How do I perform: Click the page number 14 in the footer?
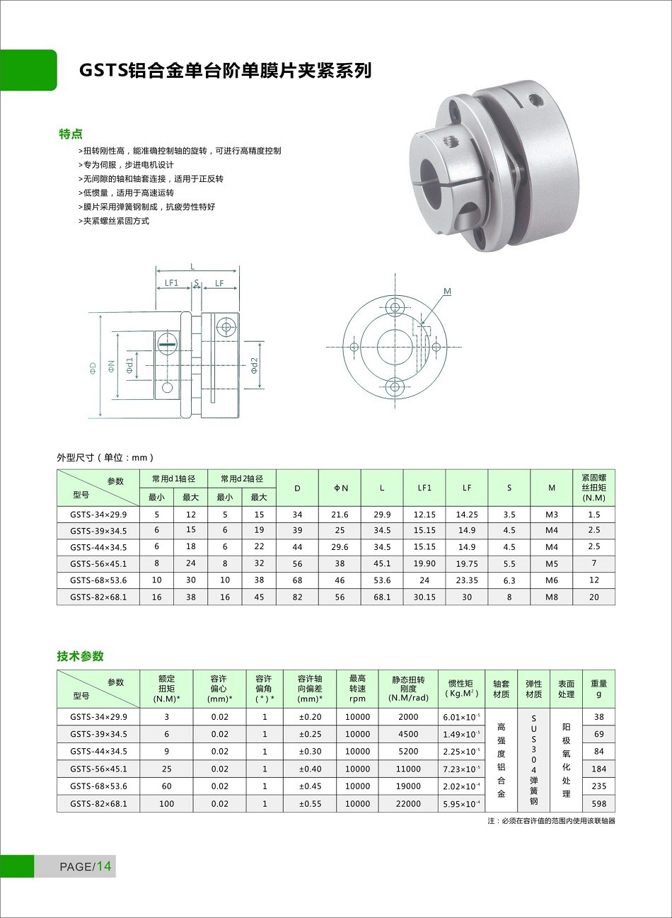(x=104, y=866)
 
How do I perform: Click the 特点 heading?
(x=71, y=134)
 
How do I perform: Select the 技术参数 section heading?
(x=80, y=656)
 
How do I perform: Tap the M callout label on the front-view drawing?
(x=447, y=291)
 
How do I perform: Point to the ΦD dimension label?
(x=93, y=367)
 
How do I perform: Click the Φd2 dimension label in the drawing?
(x=255, y=365)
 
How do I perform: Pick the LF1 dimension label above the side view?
(x=172, y=283)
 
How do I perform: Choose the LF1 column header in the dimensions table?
(x=424, y=488)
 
